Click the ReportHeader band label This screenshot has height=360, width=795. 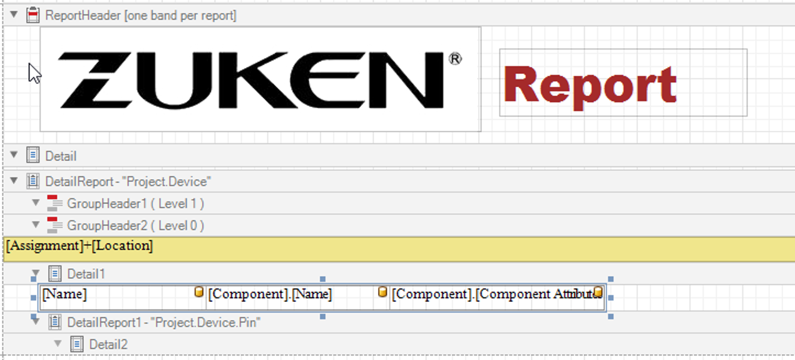pos(140,16)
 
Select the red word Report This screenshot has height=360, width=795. pos(590,85)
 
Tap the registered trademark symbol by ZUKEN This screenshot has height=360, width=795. pos(455,59)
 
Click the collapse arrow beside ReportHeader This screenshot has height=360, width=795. pos(14,14)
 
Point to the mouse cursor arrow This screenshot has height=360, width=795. pos(34,73)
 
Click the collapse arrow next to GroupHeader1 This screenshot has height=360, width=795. pos(36,203)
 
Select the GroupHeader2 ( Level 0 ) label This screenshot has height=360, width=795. pos(135,225)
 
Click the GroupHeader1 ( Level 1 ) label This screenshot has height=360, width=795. pos(135,203)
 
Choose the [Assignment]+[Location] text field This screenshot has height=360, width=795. pos(79,245)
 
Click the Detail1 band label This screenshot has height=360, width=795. pos(86,274)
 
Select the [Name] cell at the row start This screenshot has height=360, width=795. pos(64,294)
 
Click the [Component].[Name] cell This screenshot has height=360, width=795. pos(270,294)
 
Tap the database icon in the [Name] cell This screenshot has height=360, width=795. pos(199,292)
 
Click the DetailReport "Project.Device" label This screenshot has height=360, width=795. pos(128,182)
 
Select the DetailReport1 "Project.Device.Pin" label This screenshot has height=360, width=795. pos(163,322)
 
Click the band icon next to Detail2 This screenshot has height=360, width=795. pos(77,344)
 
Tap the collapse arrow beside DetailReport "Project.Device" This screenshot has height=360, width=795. pos(14,181)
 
